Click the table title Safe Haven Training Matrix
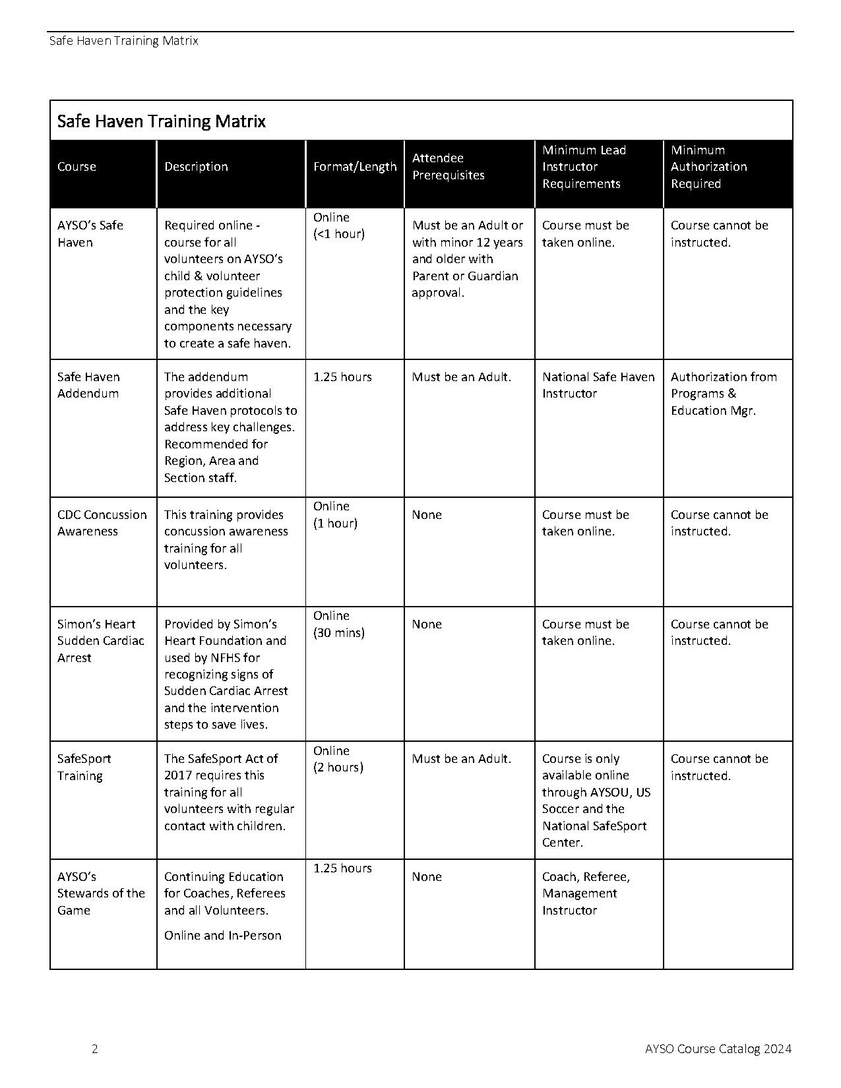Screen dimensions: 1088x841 coord(162,121)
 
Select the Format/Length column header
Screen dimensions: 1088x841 coord(355,167)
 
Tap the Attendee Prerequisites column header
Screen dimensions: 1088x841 coord(449,167)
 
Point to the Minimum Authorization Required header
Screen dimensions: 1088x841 coord(709,167)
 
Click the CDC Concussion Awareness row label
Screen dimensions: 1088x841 coord(102,523)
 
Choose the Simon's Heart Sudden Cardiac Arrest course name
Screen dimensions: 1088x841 coord(100,641)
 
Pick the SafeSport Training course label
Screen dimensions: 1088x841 coord(84,767)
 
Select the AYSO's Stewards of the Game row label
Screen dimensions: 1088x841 coord(101,893)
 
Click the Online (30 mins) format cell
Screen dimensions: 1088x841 coord(339,624)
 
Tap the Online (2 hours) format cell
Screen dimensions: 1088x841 coord(338,759)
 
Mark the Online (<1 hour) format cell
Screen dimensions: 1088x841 coord(339,226)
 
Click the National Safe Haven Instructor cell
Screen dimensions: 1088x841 coord(598,385)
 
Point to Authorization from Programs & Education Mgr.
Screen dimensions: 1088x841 coord(724,394)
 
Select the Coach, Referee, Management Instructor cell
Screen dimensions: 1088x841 coord(586,893)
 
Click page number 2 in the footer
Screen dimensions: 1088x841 coord(95,1049)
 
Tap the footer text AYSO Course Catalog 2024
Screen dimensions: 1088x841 coord(718,1049)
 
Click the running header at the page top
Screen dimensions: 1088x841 coord(123,41)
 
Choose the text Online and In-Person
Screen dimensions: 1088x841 coord(223,936)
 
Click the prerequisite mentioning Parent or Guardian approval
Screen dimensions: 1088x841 coord(467,259)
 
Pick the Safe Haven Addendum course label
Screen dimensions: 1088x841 coord(88,385)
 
